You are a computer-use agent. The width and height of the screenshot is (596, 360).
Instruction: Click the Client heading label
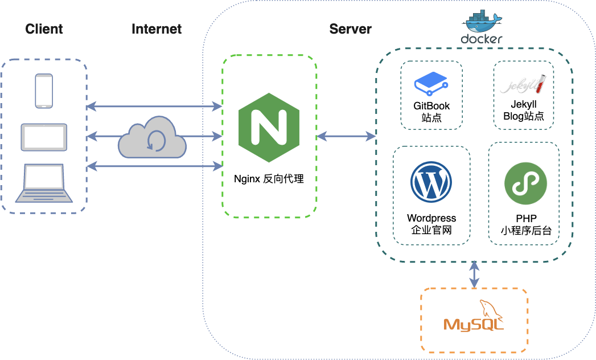tap(44, 29)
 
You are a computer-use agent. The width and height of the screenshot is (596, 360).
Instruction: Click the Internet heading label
tap(157, 29)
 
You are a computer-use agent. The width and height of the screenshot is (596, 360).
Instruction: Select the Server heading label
tap(350, 29)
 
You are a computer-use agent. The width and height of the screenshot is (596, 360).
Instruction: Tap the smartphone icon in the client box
tap(44, 91)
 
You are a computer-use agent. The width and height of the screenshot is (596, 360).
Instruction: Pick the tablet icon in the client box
tap(44, 137)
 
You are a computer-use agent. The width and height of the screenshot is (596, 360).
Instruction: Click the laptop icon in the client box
tap(44, 183)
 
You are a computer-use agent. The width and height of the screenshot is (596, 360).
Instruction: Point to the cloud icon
tap(152, 138)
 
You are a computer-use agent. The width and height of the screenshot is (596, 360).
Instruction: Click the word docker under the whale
tap(482, 39)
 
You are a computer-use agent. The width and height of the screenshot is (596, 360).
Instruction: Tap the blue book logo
tap(431, 83)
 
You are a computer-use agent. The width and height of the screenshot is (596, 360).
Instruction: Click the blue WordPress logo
tap(431, 182)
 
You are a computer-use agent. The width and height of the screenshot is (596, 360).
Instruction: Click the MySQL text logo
tap(474, 324)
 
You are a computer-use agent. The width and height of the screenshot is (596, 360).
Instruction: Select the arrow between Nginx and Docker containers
tap(346, 136)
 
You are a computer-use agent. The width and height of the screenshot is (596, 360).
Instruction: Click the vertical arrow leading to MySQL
tap(474, 275)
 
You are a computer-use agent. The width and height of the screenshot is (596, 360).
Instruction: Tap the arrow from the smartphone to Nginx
tap(154, 107)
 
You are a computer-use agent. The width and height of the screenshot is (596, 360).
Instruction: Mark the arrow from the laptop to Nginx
tap(154, 166)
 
